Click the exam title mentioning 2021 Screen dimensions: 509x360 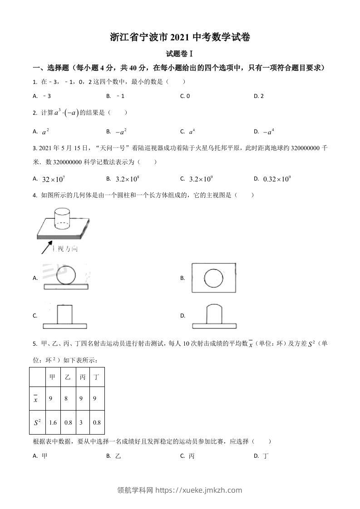(180, 37)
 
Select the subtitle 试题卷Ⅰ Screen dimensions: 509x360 (180, 54)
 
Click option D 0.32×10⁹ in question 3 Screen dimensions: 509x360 (276, 179)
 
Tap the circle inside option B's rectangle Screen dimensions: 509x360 (213, 278)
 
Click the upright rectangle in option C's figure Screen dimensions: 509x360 (64, 314)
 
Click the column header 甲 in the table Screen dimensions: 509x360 (52, 377)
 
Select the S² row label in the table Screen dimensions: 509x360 (36, 423)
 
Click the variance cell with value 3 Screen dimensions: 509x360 (82, 423)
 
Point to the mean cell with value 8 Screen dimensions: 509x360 (67, 399)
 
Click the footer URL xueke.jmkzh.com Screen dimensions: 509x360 (199, 490)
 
